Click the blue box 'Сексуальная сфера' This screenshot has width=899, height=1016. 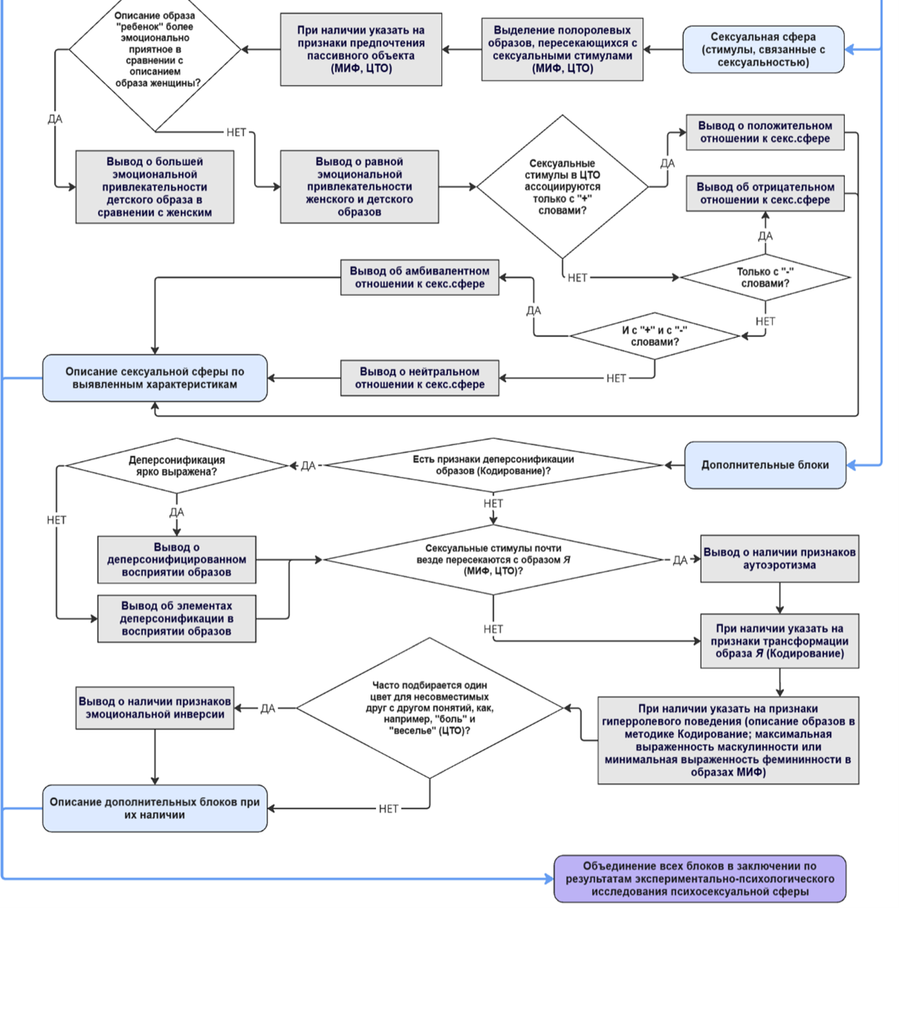pos(762,49)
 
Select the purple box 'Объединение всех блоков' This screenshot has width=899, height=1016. pos(699,878)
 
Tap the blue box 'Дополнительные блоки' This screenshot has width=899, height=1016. pos(765,465)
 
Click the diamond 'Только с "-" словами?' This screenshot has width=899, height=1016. pos(765,277)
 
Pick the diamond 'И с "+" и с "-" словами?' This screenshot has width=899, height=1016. pos(654,335)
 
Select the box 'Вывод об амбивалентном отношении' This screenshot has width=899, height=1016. pos(420,277)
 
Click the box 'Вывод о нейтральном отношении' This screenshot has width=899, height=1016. pos(420,378)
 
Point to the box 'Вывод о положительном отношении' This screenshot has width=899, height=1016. pos(765,132)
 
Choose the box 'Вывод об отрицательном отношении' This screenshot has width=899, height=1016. pos(765,193)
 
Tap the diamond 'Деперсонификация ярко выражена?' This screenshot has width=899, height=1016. pos(176,465)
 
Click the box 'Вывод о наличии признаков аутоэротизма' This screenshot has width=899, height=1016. pos(780,559)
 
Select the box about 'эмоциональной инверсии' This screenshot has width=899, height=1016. pos(155,708)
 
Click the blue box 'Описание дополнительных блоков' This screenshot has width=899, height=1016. pos(155,809)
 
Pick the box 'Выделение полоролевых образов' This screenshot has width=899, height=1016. pos(562,49)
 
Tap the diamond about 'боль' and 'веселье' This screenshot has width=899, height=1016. pos(430,708)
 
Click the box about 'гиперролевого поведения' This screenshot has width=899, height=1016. pos(728,740)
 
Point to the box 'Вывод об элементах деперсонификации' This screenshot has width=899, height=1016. pos(176,619)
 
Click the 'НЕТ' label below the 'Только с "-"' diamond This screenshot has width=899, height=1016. pos(765,321)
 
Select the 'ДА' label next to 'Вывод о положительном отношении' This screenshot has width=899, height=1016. pos(668,163)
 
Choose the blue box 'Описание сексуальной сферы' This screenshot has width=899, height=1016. pos(155,378)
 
